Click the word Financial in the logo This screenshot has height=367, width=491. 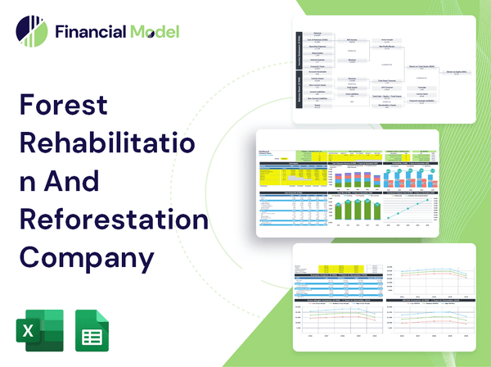point(90,32)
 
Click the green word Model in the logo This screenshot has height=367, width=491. point(153,32)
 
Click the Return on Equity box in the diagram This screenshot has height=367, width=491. point(455,71)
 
